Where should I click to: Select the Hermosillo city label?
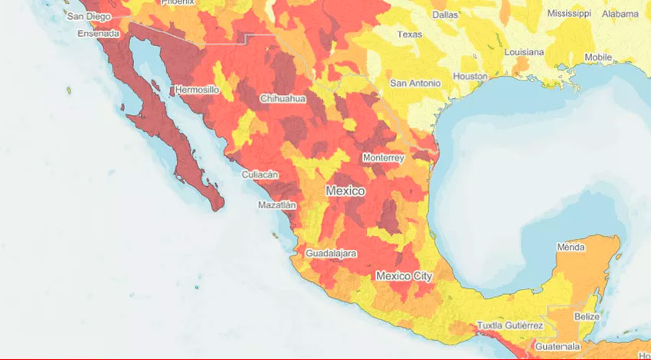[198, 90]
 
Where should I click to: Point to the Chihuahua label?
[283, 99]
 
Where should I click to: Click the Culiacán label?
[260, 175]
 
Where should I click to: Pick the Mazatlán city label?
[276, 205]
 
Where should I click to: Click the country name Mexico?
[345, 191]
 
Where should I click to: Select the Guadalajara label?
[331, 253]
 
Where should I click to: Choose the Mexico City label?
[404, 276]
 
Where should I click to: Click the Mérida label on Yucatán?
[571, 247]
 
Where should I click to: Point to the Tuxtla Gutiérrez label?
[510, 326]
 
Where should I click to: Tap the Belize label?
[587, 316]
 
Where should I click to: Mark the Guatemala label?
[552, 346]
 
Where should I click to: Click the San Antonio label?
[415, 83]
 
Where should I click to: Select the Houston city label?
[470, 77]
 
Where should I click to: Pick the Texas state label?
[409, 34]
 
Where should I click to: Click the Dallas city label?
[445, 14]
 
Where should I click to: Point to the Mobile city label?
[598, 57]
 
